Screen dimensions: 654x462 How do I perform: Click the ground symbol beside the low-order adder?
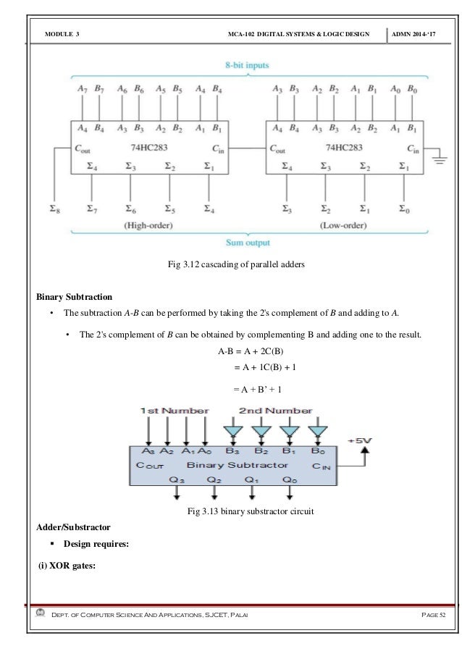coord(440,157)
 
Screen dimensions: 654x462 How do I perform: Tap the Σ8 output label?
coord(54,210)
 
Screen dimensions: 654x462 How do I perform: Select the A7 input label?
coord(82,88)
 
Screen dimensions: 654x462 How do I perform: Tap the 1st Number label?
coord(175,411)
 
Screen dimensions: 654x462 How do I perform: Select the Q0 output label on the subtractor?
coord(290,479)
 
